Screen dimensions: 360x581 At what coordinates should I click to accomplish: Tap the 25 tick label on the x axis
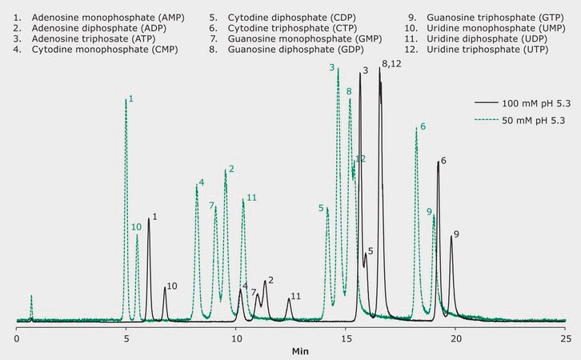coord(564,338)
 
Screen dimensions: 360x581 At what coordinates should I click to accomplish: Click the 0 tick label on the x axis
coord(17,338)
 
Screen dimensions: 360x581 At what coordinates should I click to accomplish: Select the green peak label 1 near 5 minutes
coord(130,98)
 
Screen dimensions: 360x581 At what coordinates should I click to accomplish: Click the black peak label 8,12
coord(392,63)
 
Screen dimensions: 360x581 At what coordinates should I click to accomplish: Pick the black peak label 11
coord(295,296)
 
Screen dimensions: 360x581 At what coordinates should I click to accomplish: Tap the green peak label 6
coord(423,127)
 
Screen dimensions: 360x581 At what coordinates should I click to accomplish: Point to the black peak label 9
coord(456,234)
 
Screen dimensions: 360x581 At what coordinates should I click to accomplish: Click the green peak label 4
coord(201,182)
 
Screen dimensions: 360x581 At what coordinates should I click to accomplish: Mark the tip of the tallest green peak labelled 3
coord(339,69)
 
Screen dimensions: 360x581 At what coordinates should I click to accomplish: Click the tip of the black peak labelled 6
coord(438,162)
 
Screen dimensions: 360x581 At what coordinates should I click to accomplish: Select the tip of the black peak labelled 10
coord(165,287)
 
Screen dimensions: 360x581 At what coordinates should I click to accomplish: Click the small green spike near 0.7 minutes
coord(31,297)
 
